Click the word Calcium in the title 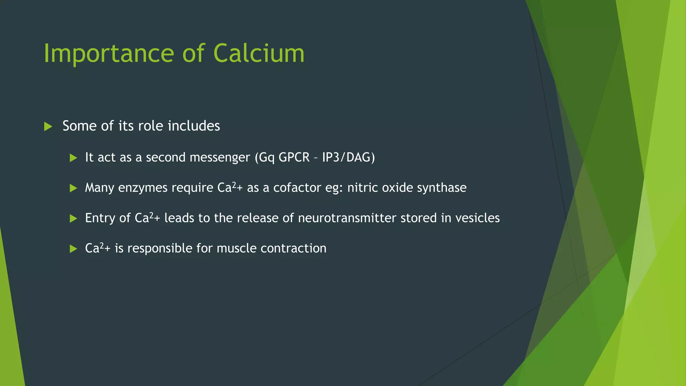click(x=259, y=54)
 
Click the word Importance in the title click(x=109, y=54)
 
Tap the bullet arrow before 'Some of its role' click(x=48, y=127)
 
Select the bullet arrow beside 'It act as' click(x=73, y=158)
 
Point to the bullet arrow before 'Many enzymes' click(x=73, y=188)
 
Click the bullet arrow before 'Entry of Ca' click(x=73, y=219)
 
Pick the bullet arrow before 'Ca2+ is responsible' click(x=73, y=249)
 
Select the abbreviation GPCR click(x=294, y=157)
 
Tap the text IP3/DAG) click(x=348, y=157)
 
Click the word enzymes click(x=143, y=188)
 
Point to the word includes click(x=194, y=126)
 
